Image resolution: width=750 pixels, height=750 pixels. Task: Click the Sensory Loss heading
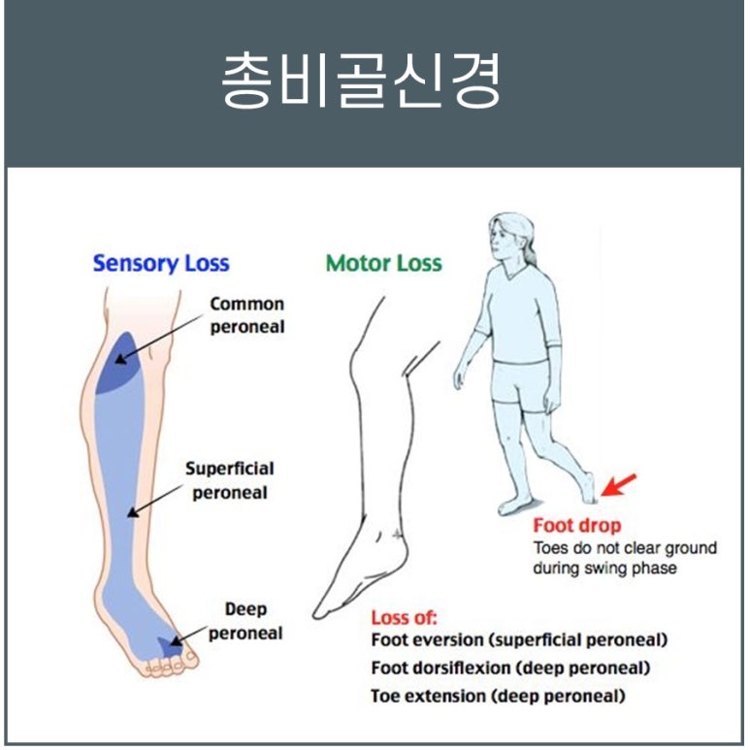pyautogui.click(x=161, y=263)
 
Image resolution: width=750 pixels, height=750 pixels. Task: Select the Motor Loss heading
pyautogui.click(x=383, y=263)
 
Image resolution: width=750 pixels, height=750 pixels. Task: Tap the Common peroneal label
pyautogui.click(x=247, y=315)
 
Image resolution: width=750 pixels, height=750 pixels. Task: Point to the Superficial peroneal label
pyautogui.click(x=229, y=480)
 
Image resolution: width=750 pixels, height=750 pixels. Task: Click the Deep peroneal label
pyautogui.click(x=245, y=621)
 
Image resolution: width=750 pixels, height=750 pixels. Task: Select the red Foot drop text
pyautogui.click(x=577, y=527)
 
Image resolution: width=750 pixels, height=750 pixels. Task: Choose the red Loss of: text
pyautogui.click(x=404, y=618)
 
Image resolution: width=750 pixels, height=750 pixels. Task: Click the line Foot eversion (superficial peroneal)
pyautogui.click(x=519, y=640)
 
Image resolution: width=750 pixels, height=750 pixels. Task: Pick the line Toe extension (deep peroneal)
pyautogui.click(x=498, y=696)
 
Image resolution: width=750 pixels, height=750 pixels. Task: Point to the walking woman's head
pyautogui.click(x=512, y=238)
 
